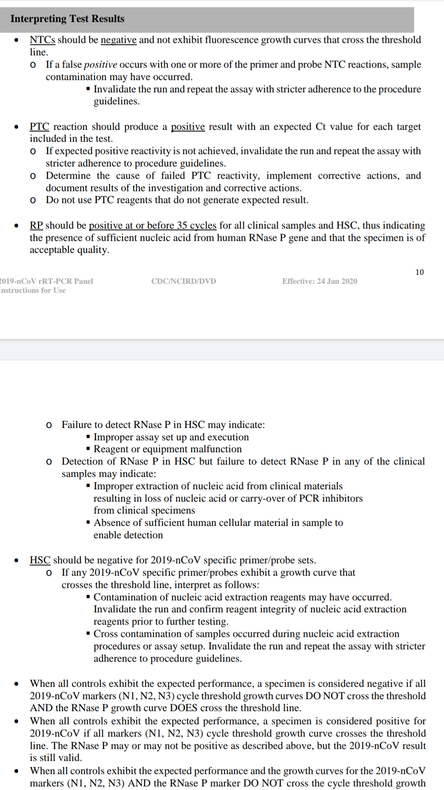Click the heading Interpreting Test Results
pyautogui.click(x=67, y=19)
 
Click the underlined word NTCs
pyautogui.click(x=42, y=40)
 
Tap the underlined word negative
pyautogui.click(x=118, y=40)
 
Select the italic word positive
pyautogui.click(x=101, y=65)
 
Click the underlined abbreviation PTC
pyautogui.click(x=39, y=127)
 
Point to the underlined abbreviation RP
pyautogui.click(x=36, y=225)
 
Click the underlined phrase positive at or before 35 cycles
pyautogui.click(x=153, y=225)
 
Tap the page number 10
pyautogui.click(x=419, y=272)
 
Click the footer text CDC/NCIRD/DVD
pyautogui.click(x=183, y=281)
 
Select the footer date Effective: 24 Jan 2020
pyautogui.click(x=319, y=281)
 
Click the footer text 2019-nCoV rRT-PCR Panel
pyautogui.click(x=46, y=281)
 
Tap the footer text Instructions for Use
pyautogui.click(x=32, y=290)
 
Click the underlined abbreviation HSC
pyautogui.click(x=40, y=560)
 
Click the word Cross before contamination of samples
pyautogui.click(x=106, y=634)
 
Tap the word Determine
pyautogui.click(x=68, y=176)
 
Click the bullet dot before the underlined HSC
pyautogui.click(x=16, y=560)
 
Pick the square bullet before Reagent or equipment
pyautogui.click(x=88, y=449)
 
